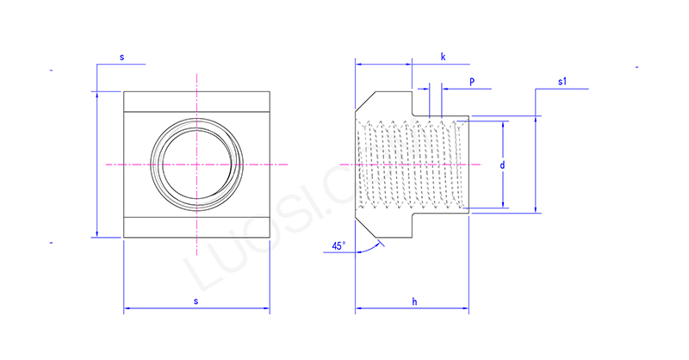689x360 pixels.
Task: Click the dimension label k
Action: pyautogui.click(x=443, y=57)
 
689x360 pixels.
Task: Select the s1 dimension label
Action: pyautogui.click(x=562, y=82)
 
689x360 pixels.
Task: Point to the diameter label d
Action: pyautogui.click(x=501, y=164)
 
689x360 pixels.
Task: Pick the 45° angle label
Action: pyautogui.click(x=338, y=246)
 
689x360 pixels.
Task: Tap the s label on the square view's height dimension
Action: pyautogui.click(x=121, y=57)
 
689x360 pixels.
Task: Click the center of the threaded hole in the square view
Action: pyautogui.click(x=197, y=164)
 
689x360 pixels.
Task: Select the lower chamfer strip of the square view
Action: pyautogui.click(x=197, y=227)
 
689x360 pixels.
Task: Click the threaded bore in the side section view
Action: pyautogui.click(x=413, y=164)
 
